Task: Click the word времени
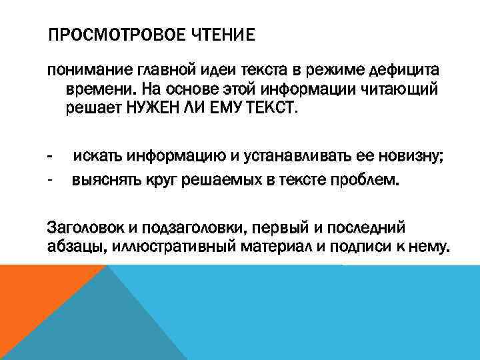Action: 93,89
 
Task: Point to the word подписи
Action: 371,246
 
